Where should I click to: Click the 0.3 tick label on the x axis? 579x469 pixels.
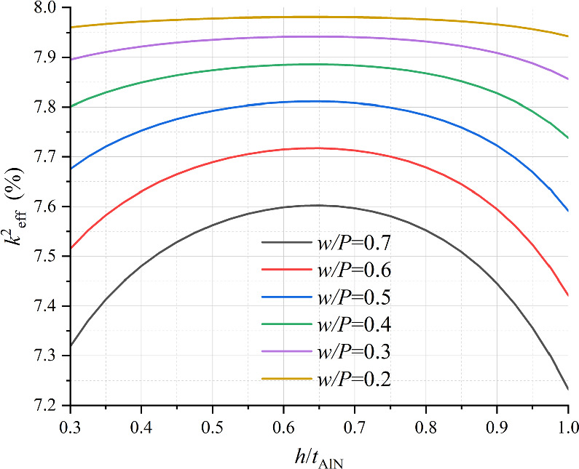tap(71, 424)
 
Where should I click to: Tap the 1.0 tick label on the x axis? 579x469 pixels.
tap(567, 424)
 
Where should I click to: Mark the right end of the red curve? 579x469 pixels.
tap(568, 295)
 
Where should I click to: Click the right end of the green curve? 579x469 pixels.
tap(568, 137)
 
